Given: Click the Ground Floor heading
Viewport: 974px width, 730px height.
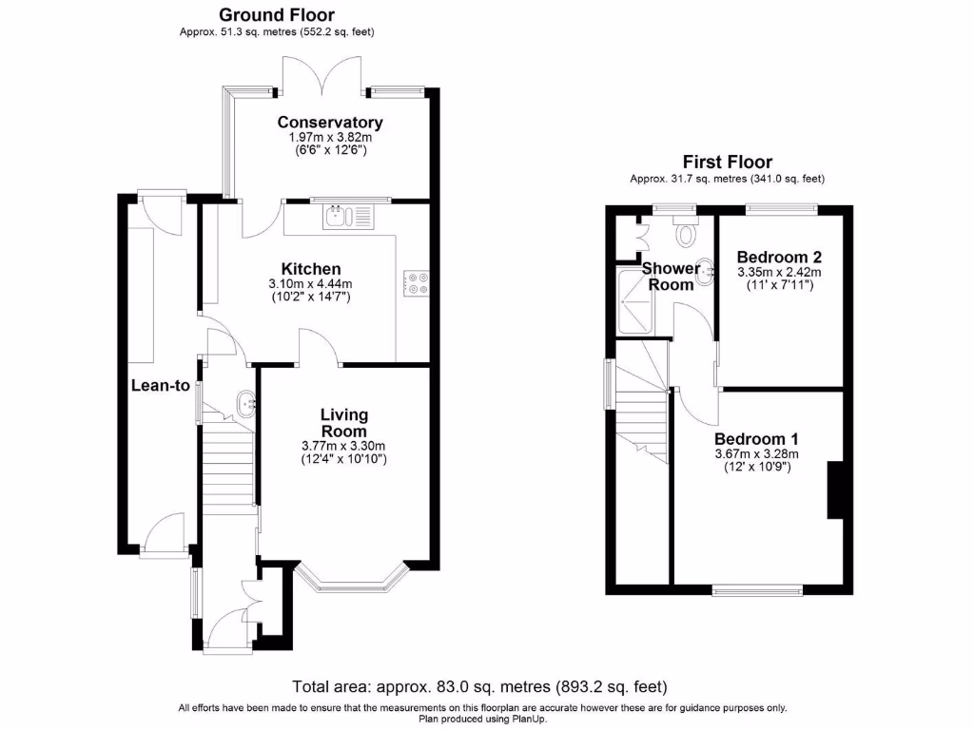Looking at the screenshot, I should tap(277, 14).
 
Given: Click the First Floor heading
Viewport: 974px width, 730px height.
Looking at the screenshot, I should tap(727, 162).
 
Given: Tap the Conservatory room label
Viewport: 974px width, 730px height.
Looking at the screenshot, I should tap(330, 122).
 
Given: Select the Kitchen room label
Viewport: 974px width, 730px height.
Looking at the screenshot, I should tap(310, 269).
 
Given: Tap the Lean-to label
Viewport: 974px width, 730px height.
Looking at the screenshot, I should tap(161, 386).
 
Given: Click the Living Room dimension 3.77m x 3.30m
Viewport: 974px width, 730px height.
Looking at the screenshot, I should tap(343, 446).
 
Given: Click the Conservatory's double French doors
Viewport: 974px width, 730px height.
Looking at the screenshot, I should tap(321, 76).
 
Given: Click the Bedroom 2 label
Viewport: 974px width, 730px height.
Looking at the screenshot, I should tap(779, 257).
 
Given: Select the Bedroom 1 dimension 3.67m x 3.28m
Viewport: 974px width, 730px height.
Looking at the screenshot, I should tap(757, 454).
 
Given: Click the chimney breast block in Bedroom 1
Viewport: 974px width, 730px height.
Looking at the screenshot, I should tap(836, 490).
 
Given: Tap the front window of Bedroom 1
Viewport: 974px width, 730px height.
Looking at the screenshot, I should tap(757, 591).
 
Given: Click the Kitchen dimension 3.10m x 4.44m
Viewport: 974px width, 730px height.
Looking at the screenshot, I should tap(310, 284).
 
